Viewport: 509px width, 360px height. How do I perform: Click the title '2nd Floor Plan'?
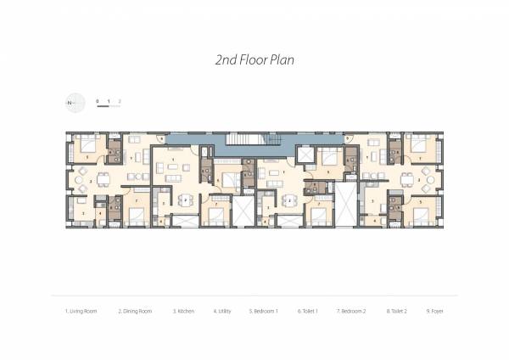[x=255, y=61]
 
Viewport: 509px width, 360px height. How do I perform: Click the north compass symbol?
[x=74, y=103]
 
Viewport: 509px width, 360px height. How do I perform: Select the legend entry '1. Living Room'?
[x=81, y=312]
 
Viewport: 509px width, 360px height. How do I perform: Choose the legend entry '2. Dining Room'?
[x=134, y=312]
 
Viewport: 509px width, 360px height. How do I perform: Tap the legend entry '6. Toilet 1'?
[x=308, y=312]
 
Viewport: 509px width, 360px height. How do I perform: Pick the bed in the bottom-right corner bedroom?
[x=418, y=213]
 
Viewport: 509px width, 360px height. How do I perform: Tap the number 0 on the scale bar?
[x=98, y=101]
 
